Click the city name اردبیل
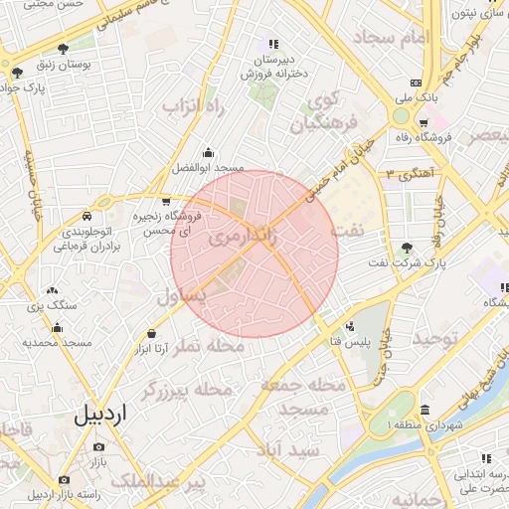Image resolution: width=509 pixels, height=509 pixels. [x=101, y=414]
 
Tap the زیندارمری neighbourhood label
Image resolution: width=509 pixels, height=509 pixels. [x=243, y=240]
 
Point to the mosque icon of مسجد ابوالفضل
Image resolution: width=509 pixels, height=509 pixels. [x=207, y=153]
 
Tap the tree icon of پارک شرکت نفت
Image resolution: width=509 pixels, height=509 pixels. [x=407, y=249]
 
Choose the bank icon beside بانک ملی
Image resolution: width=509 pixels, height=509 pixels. [x=417, y=83]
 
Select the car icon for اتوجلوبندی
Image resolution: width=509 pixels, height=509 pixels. [x=87, y=216]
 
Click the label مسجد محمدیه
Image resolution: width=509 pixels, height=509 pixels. [x=57, y=342]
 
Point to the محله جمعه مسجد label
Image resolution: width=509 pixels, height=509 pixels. [x=303, y=397]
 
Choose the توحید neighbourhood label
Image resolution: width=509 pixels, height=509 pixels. [x=439, y=339]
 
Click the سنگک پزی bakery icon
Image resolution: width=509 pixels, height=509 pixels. [x=51, y=291]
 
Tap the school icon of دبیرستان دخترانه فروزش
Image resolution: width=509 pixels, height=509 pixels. [x=271, y=44]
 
